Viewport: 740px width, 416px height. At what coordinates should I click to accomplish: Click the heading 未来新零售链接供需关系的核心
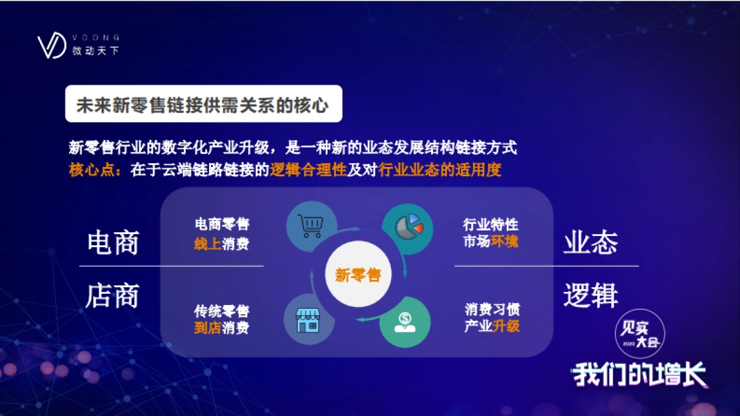tap(203, 104)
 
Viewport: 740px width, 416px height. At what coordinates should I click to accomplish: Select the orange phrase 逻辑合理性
tap(308, 170)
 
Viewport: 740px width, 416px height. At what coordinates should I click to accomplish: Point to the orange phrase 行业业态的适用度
tap(440, 170)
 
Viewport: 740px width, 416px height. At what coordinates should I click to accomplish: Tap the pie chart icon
tap(408, 226)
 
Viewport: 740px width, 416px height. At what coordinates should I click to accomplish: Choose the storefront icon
tap(308, 319)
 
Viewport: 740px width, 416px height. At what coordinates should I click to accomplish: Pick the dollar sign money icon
tap(405, 322)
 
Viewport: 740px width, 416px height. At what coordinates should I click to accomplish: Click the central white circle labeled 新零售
tap(358, 275)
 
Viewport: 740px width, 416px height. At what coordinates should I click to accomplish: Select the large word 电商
tap(113, 243)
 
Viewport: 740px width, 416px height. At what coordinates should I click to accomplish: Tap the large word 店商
tap(113, 296)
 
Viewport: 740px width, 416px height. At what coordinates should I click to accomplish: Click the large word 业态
tap(590, 243)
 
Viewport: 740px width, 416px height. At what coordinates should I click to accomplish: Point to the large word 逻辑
tap(590, 296)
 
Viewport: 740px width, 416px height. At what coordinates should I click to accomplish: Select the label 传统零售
tap(221, 311)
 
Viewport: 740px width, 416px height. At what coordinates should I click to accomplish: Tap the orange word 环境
tap(504, 241)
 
